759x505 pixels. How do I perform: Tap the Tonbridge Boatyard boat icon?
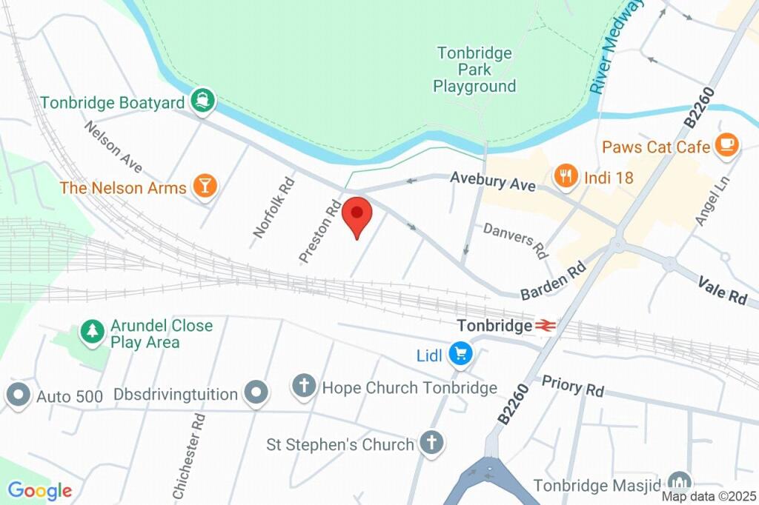click(x=202, y=101)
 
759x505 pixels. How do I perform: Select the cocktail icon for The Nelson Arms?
click(x=205, y=187)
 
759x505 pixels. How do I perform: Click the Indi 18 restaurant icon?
click(x=566, y=176)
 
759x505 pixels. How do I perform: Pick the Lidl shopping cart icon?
click(x=461, y=355)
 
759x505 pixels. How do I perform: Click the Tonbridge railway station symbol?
click(x=545, y=325)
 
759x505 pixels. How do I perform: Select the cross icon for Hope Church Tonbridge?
click(x=304, y=387)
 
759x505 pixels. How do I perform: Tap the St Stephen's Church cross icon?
click(x=431, y=444)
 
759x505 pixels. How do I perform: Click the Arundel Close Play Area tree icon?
click(x=93, y=333)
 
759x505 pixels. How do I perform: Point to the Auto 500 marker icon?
click(x=18, y=395)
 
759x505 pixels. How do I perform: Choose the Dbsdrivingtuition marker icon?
click(x=256, y=393)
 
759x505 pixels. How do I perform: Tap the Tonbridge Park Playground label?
click(x=474, y=70)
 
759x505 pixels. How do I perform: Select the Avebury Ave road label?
click(x=493, y=181)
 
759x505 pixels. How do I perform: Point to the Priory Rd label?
click(x=572, y=386)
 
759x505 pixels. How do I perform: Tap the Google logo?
click(x=39, y=490)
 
